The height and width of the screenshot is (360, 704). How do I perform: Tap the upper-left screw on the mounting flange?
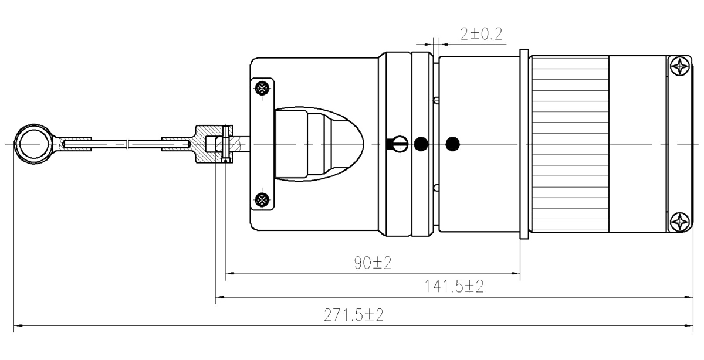[262, 89]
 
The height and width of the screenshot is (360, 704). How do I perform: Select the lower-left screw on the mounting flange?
[262, 199]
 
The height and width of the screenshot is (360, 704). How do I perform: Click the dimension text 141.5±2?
[455, 287]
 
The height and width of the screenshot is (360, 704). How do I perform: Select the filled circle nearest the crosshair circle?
[421, 143]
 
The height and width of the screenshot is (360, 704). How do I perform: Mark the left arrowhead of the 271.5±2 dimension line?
[18, 324]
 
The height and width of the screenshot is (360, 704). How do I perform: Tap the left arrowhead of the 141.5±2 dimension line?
[219, 297]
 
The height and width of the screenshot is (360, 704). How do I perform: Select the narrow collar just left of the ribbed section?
[525, 143]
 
